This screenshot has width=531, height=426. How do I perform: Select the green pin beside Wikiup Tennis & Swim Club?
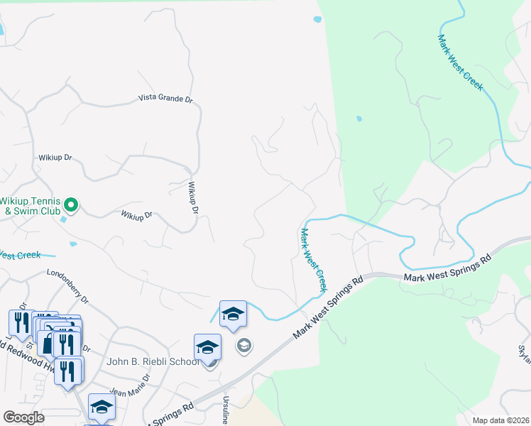pos(70,205)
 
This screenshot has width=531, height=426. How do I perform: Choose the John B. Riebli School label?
pos(152,361)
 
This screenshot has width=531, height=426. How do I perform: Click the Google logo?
pos(23,417)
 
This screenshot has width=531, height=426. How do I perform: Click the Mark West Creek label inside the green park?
pos(460,62)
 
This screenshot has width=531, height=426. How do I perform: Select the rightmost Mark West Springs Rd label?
pos(447,268)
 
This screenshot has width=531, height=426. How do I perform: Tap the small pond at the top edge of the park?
pos(317,20)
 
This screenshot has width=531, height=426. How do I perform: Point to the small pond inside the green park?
pos(359,118)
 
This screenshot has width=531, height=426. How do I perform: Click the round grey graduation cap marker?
pos(244,346)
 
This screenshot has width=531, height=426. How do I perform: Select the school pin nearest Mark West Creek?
pos(233,313)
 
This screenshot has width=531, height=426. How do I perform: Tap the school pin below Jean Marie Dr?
pos(102,407)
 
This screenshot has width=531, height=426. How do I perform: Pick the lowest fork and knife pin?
pos(68,370)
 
